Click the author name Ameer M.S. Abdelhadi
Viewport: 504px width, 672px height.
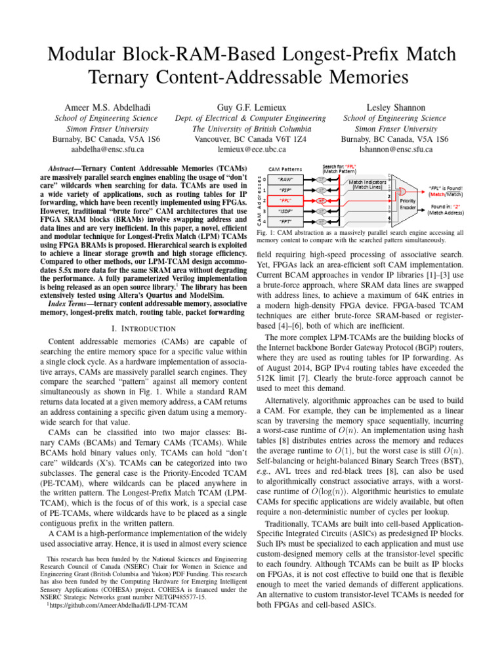(105, 106)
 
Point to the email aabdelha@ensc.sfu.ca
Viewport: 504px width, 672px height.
(105, 150)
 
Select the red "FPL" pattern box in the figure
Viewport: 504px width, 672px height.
(286, 199)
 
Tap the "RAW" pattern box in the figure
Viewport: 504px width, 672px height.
(286, 178)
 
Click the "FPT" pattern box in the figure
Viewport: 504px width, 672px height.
(286, 221)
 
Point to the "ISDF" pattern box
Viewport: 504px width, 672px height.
(286, 211)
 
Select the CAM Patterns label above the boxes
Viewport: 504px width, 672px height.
(286, 169)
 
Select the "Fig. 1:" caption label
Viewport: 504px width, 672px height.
(265, 233)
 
